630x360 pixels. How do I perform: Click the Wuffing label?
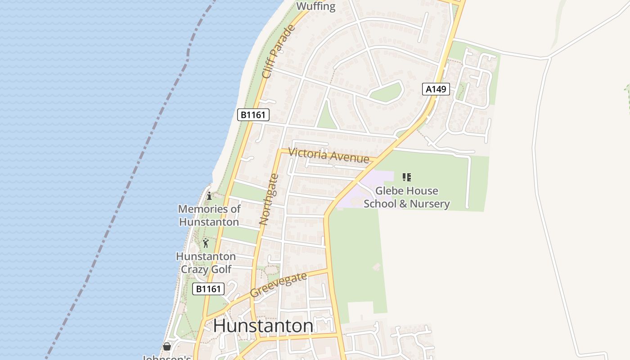click(316, 6)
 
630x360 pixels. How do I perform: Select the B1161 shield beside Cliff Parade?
click(253, 115)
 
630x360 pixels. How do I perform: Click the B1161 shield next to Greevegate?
click(208, 288)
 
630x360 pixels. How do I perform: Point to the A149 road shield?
click(436, 89)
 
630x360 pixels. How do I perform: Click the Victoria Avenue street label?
click(328, 155)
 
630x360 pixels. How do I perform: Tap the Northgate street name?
click(269, 199)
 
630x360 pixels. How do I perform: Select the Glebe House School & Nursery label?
click(406, 197)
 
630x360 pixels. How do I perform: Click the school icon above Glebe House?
click(407, 177)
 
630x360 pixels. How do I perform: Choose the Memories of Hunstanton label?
click(209, 215)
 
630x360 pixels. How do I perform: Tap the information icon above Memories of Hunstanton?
click(209, 196)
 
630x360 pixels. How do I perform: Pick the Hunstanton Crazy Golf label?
click(206, 263)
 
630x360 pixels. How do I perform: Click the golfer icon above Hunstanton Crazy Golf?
click(206, 243)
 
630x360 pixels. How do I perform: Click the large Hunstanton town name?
click(263, 326)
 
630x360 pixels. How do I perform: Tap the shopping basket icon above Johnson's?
click(167, 346)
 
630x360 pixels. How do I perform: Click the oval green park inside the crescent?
click(385, 92)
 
